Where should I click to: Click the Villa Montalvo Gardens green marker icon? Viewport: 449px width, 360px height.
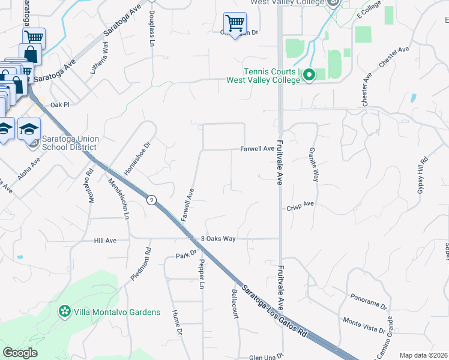[x=64, y=311]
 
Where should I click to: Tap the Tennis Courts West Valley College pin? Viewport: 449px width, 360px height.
[x=309, y=75]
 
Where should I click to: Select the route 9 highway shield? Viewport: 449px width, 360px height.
[x=153, y=200]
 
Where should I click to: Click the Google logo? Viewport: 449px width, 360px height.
[x=20, y=353]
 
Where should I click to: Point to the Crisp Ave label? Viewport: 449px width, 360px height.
[x=301, y=204]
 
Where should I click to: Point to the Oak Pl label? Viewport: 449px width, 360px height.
[x=61, y=104]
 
